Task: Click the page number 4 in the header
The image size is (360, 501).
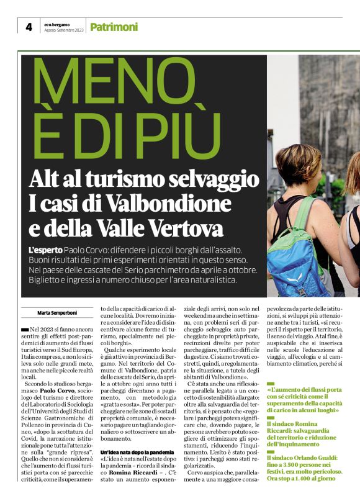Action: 29,27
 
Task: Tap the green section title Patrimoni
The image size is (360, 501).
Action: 114,27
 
